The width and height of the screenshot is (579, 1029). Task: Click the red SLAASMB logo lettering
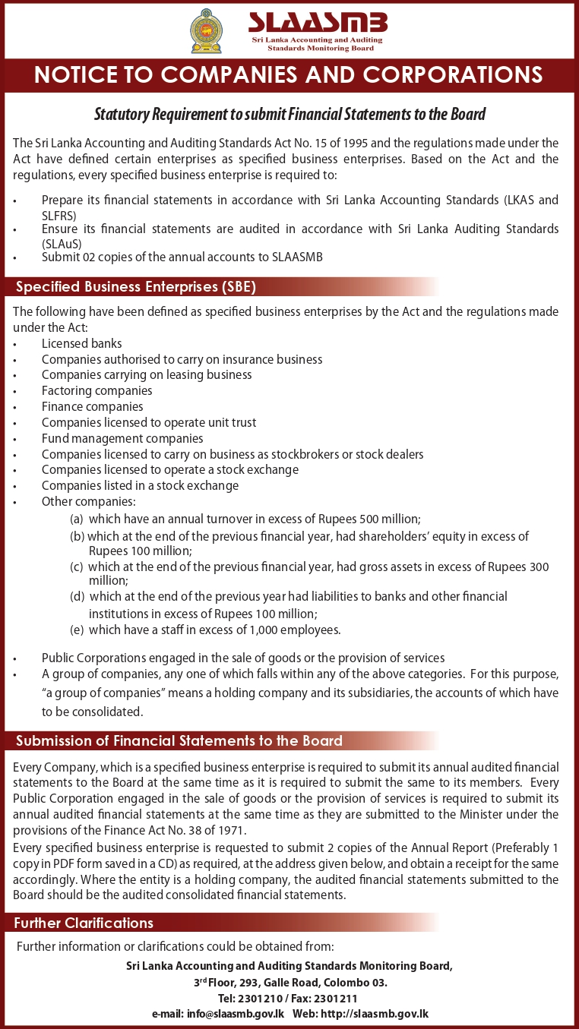click(317, 21)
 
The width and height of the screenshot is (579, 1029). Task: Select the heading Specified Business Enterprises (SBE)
click(136, 287)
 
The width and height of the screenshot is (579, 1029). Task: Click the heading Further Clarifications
click(85, 923)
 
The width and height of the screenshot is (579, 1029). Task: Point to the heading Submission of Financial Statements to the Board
click(179, 740)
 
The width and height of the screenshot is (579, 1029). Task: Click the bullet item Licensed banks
click(82, 343)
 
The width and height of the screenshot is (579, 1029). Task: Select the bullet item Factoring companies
click(97, 390)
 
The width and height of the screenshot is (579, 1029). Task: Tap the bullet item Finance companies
click(93, 406)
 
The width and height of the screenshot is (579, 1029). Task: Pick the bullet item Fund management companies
click(122, 438)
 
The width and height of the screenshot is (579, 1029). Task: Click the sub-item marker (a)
click(76, 519)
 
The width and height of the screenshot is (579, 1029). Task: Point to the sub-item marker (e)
click(76, 630)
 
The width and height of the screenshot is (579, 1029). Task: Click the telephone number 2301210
click(261, 999)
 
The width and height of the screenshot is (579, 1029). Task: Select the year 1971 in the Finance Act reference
click(234, 831)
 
